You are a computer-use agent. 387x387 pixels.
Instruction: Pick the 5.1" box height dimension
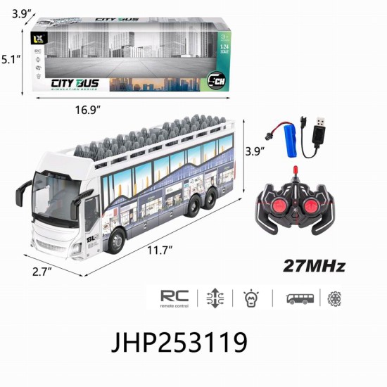pyautogui.click(x=10, y=60)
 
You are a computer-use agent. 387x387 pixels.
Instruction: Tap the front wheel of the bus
pyautogui.click(x=115, y=243)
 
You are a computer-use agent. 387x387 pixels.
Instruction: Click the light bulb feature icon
pyautogui.click(x=251, y=298)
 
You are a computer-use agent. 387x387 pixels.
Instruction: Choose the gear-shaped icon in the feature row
pyautogui.click(x=334, y=298)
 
